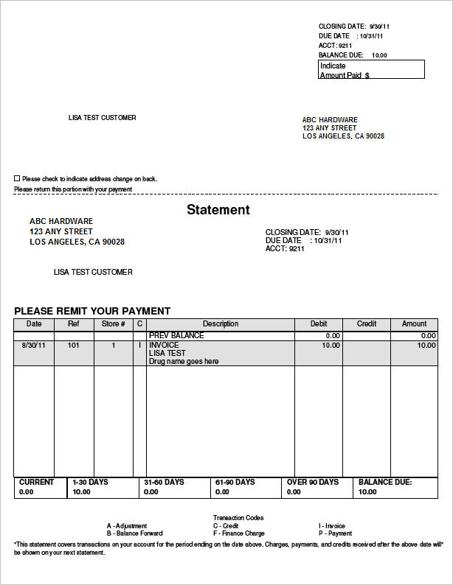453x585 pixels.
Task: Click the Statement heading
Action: click(218, 210)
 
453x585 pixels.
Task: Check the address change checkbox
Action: click(17, 178)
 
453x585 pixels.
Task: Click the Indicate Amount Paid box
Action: click(371, 70)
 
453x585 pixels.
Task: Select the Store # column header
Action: click(113, 324)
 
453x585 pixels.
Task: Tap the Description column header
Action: click(221, 324)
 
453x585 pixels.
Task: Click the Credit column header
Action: click(366, 324)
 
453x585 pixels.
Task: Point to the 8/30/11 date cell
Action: click(33, 345)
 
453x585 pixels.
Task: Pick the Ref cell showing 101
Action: click(73, 345)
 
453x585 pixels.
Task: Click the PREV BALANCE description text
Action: click(176, 336)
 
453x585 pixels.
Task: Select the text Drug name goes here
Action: click(184, 362)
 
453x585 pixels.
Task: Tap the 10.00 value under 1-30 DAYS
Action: click(81, 492)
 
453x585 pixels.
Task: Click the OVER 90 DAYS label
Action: click(312, 483)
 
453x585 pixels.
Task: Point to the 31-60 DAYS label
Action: click(164, 483)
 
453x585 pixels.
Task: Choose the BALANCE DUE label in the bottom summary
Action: click(384, 483)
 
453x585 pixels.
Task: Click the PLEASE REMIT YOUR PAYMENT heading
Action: click(92, 311)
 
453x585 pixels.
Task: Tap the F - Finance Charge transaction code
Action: click(240, 533)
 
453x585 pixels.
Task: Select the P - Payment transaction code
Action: click(335, 533)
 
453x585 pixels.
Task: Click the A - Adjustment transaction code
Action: click(127, 526)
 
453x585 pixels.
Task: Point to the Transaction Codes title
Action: click(238, 518)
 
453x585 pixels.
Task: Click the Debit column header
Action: click(319, 324)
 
